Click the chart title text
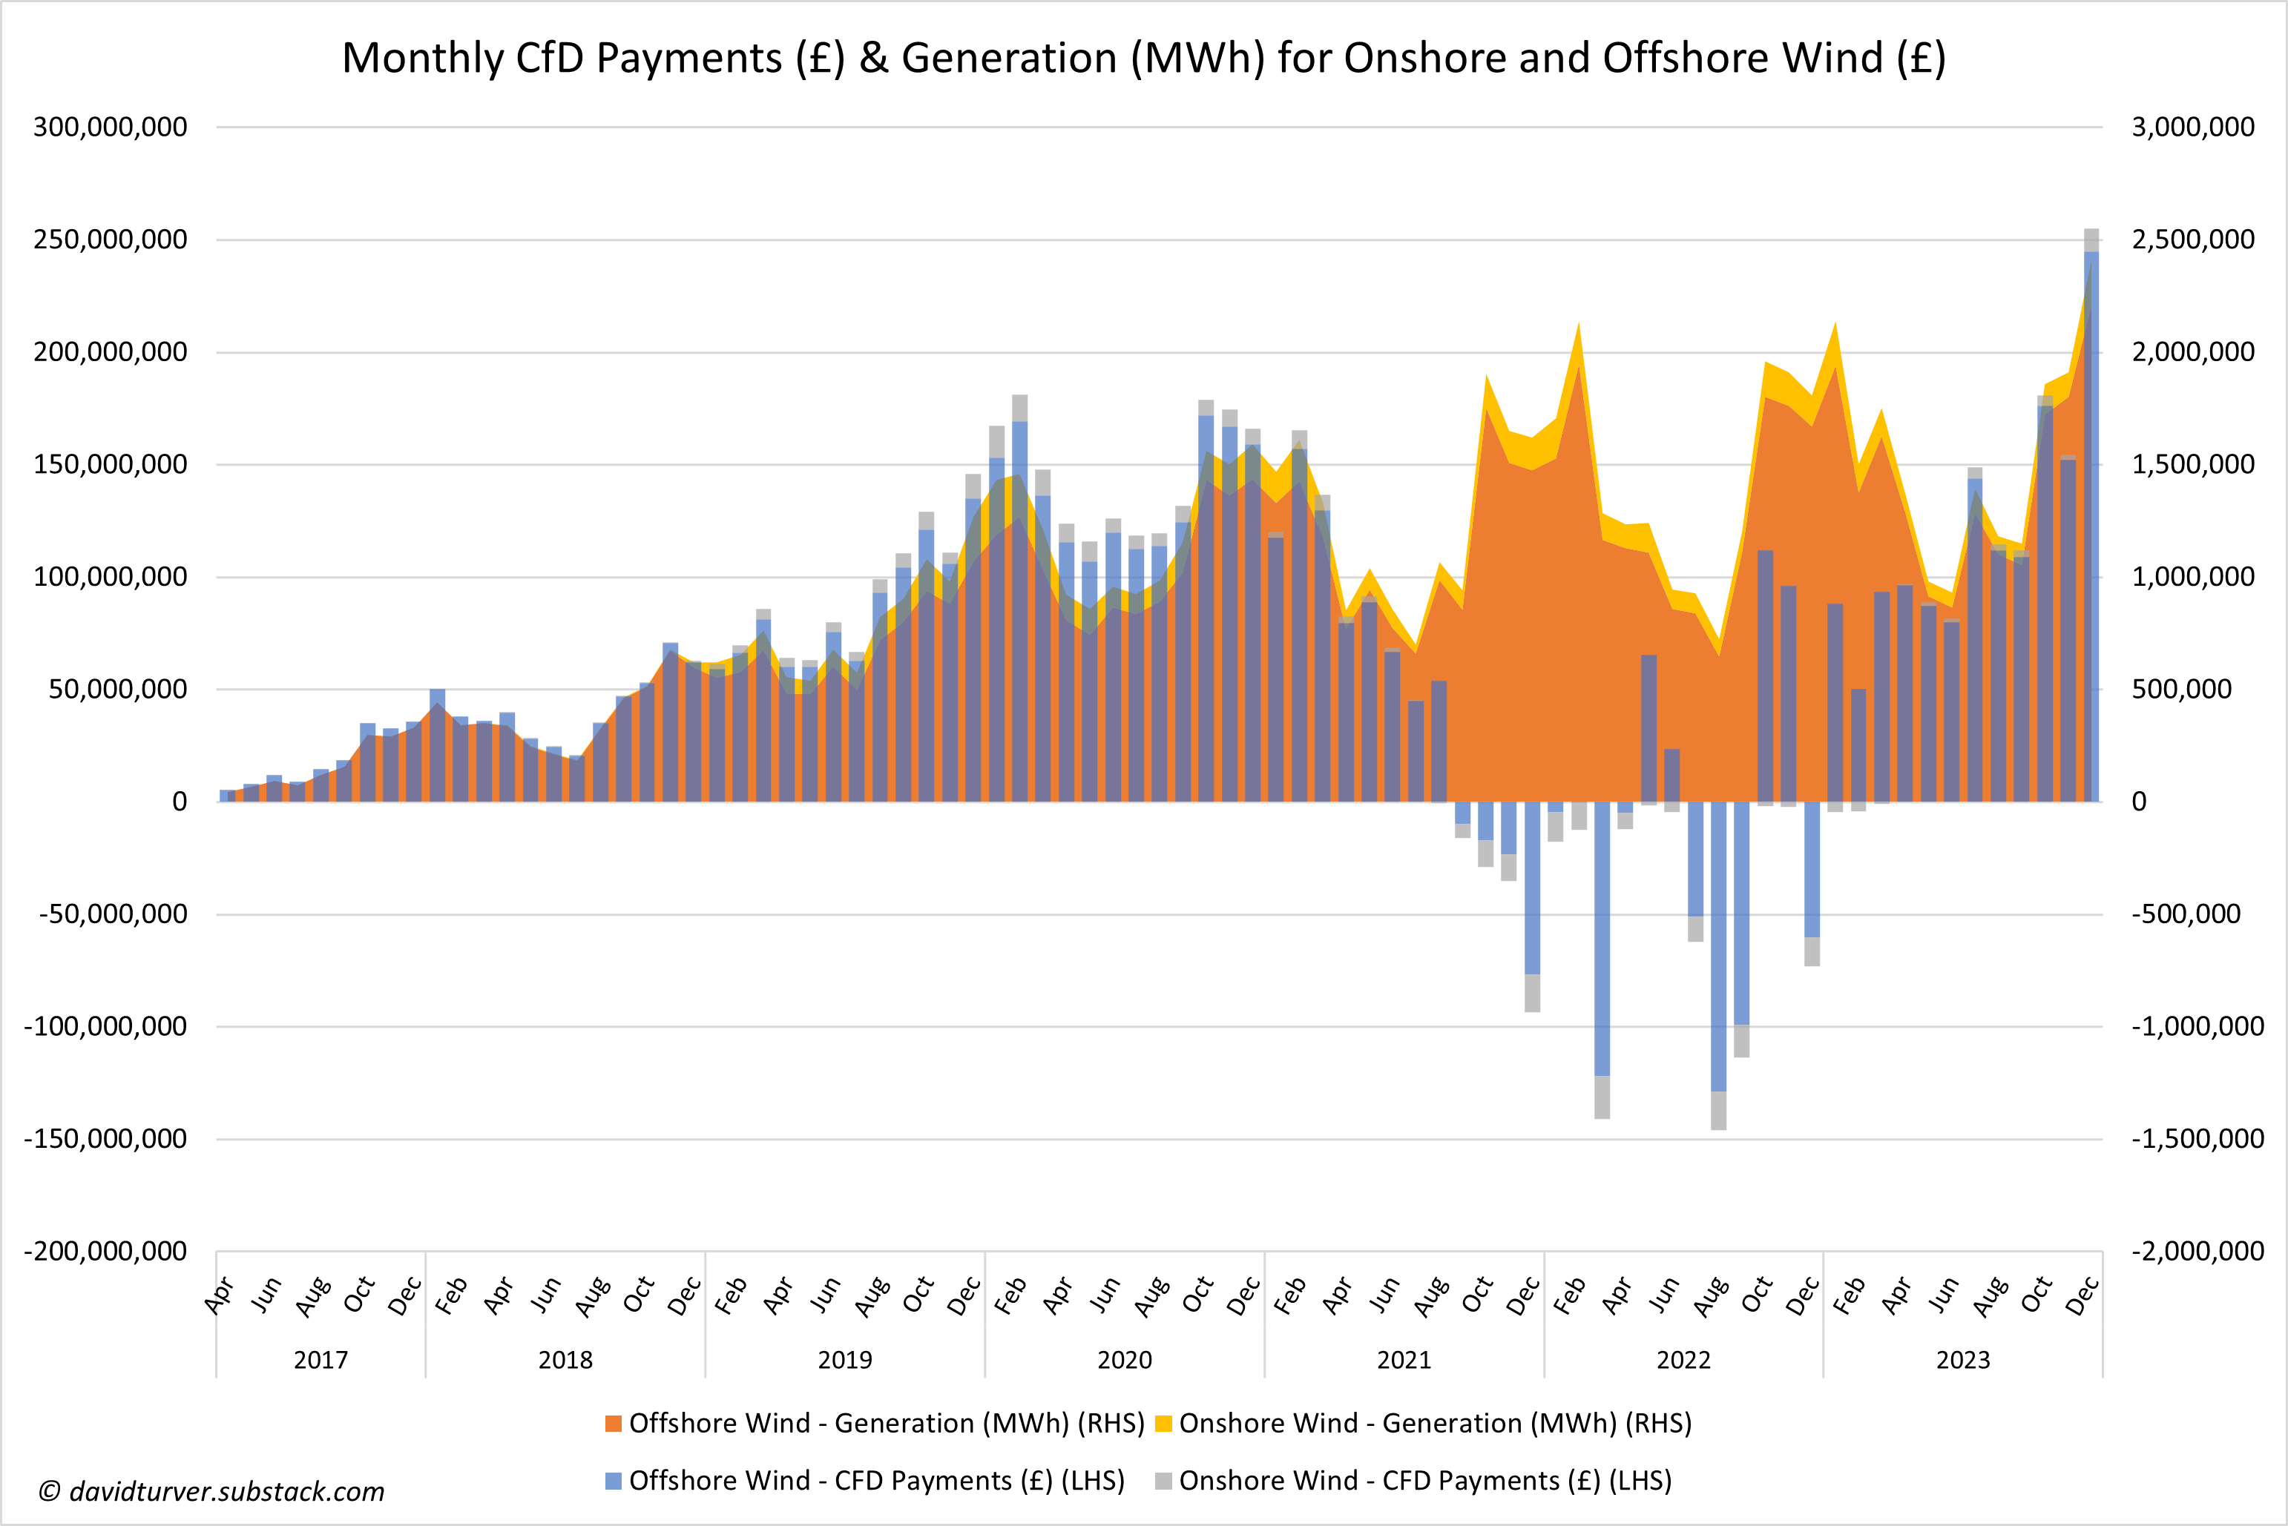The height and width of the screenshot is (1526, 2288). [x=1144, y=59]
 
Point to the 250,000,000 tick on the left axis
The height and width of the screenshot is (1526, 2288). [x=110, y=240]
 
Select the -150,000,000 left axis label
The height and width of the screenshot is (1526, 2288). [x=105, y=1139]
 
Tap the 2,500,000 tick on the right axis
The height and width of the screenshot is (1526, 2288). [x=2192, y=240]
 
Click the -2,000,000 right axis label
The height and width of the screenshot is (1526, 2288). [x=2197, y=1251]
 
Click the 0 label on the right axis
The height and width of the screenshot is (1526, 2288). [x=2139, y=802]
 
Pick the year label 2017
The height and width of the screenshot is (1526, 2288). [x=320, y=1360]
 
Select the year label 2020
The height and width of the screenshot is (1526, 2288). [x=1125, y=1360]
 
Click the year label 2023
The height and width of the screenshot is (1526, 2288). [x=1963, y=1360]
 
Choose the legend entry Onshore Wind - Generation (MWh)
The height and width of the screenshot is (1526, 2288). [x=1424, y=1423]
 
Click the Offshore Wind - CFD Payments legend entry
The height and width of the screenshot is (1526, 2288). [x=864, y=1480]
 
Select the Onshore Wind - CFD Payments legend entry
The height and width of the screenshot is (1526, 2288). [x=1414, y=1480]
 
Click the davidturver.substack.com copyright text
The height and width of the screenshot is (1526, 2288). [x=212, y=1491]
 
